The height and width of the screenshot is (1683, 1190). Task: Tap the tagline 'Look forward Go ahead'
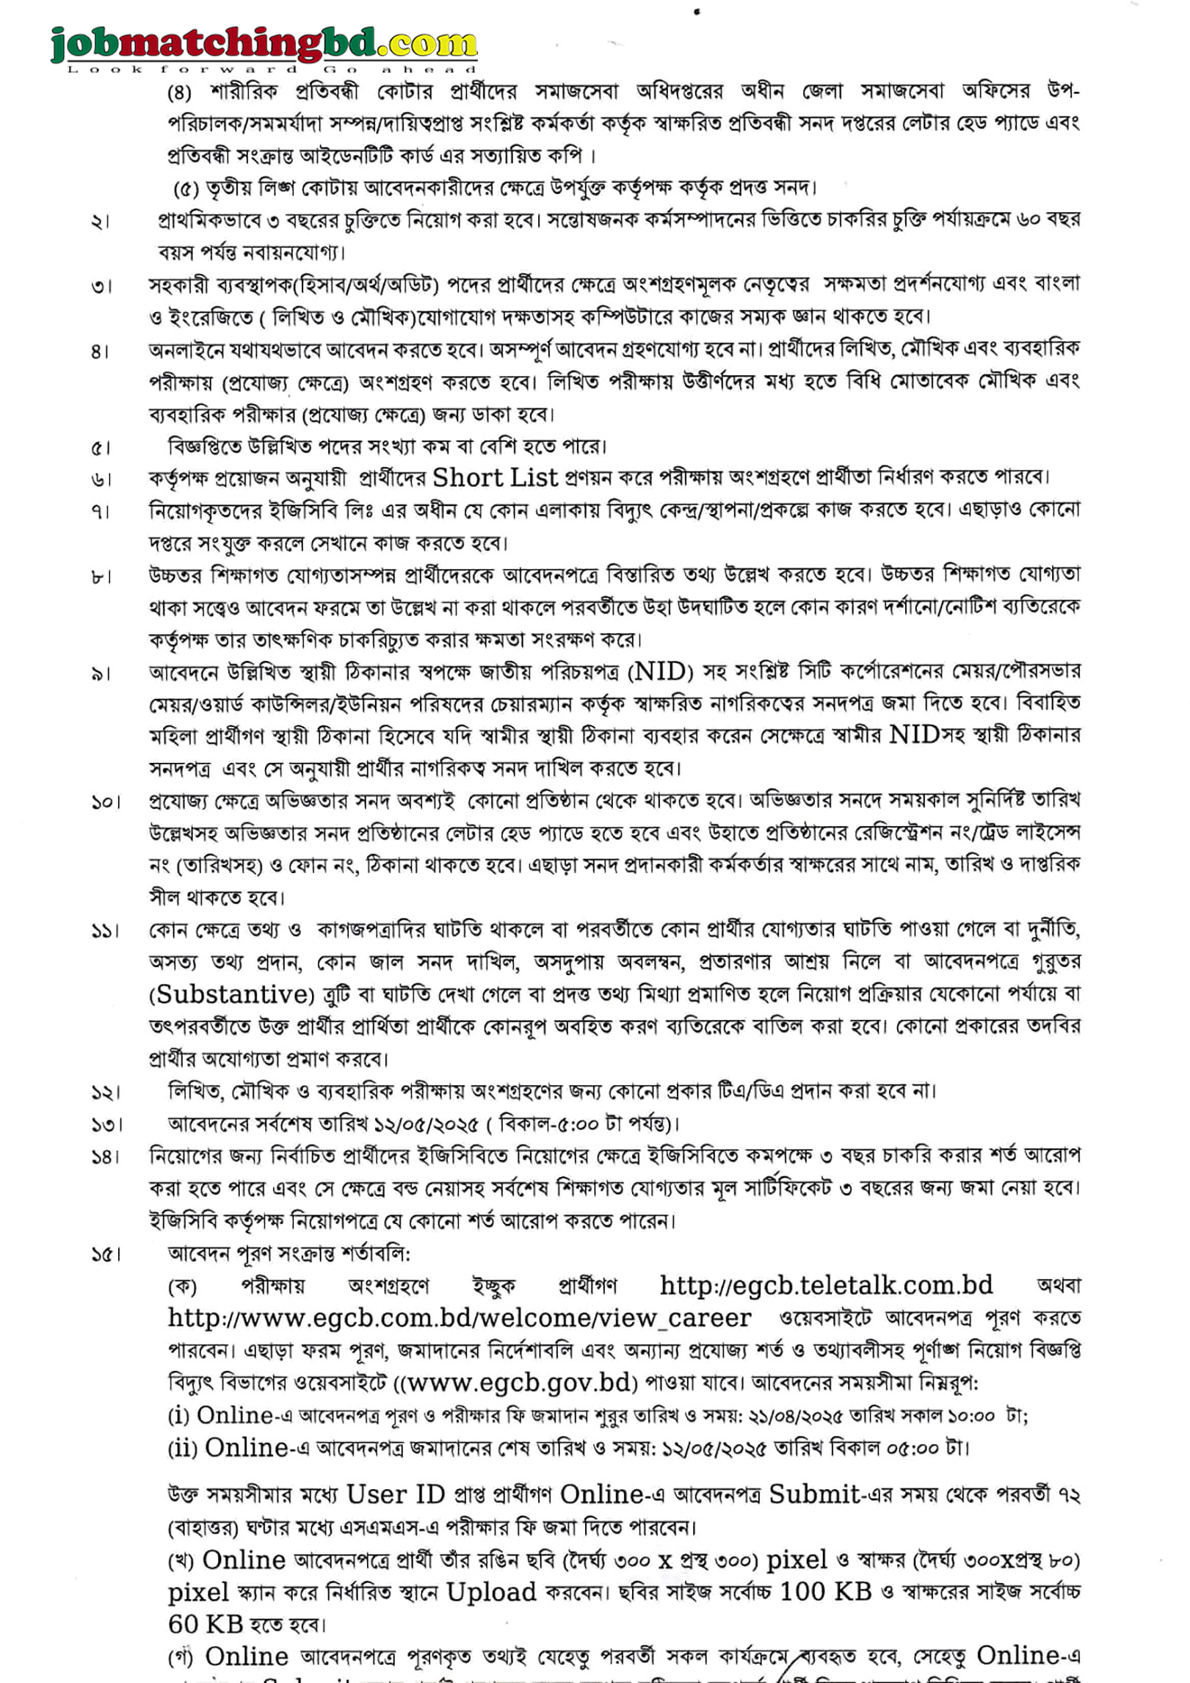click(x=272, y=70)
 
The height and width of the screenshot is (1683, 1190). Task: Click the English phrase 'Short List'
click(x=496, y=478)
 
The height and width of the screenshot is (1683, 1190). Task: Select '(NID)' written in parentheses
click(x=661, y=672)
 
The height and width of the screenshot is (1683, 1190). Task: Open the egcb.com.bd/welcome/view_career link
click(x=460, y=1318)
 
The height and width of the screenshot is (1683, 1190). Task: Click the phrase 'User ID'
click(x=396, y=1494)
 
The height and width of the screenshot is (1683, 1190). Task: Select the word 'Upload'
click(x=491, y=1592)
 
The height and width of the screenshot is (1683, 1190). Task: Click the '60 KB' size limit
click(x=206, y=1624)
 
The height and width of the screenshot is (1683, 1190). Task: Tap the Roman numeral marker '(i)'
click(x=179, y=1416)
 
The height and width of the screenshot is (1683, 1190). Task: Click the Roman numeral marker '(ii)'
click(x=182, y=1448)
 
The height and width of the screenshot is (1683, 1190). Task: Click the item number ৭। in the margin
click(x=101, y=512)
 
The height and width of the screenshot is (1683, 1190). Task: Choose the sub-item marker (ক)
click(x=182, y=1286)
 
